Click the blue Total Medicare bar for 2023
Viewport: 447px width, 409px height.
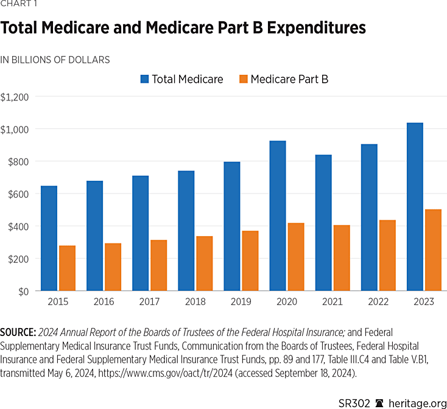pyautogui.click(x=415, y=207)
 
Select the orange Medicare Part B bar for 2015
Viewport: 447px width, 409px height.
pyautogui.click(x=67, y=268)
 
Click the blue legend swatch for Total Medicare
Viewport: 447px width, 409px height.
pyautogui.click(x=144, y=79)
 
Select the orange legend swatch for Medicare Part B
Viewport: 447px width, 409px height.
pyautogui.click(x=243, y=79)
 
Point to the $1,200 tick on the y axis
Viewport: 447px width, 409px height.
pyautogui.click(x=18, y=97)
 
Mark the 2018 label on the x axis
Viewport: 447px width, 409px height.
pyautogui.click(x=195, y=302)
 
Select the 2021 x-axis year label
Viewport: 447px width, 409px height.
pyautogui.click(x=332, y=302)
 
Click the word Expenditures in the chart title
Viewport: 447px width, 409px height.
pyautogui.click(x=312, y=29)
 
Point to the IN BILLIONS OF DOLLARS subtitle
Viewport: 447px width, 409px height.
pyautogui.click(x=55, y=60)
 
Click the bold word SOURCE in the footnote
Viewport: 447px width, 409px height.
pyautogui.click(x=18, y=332)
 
